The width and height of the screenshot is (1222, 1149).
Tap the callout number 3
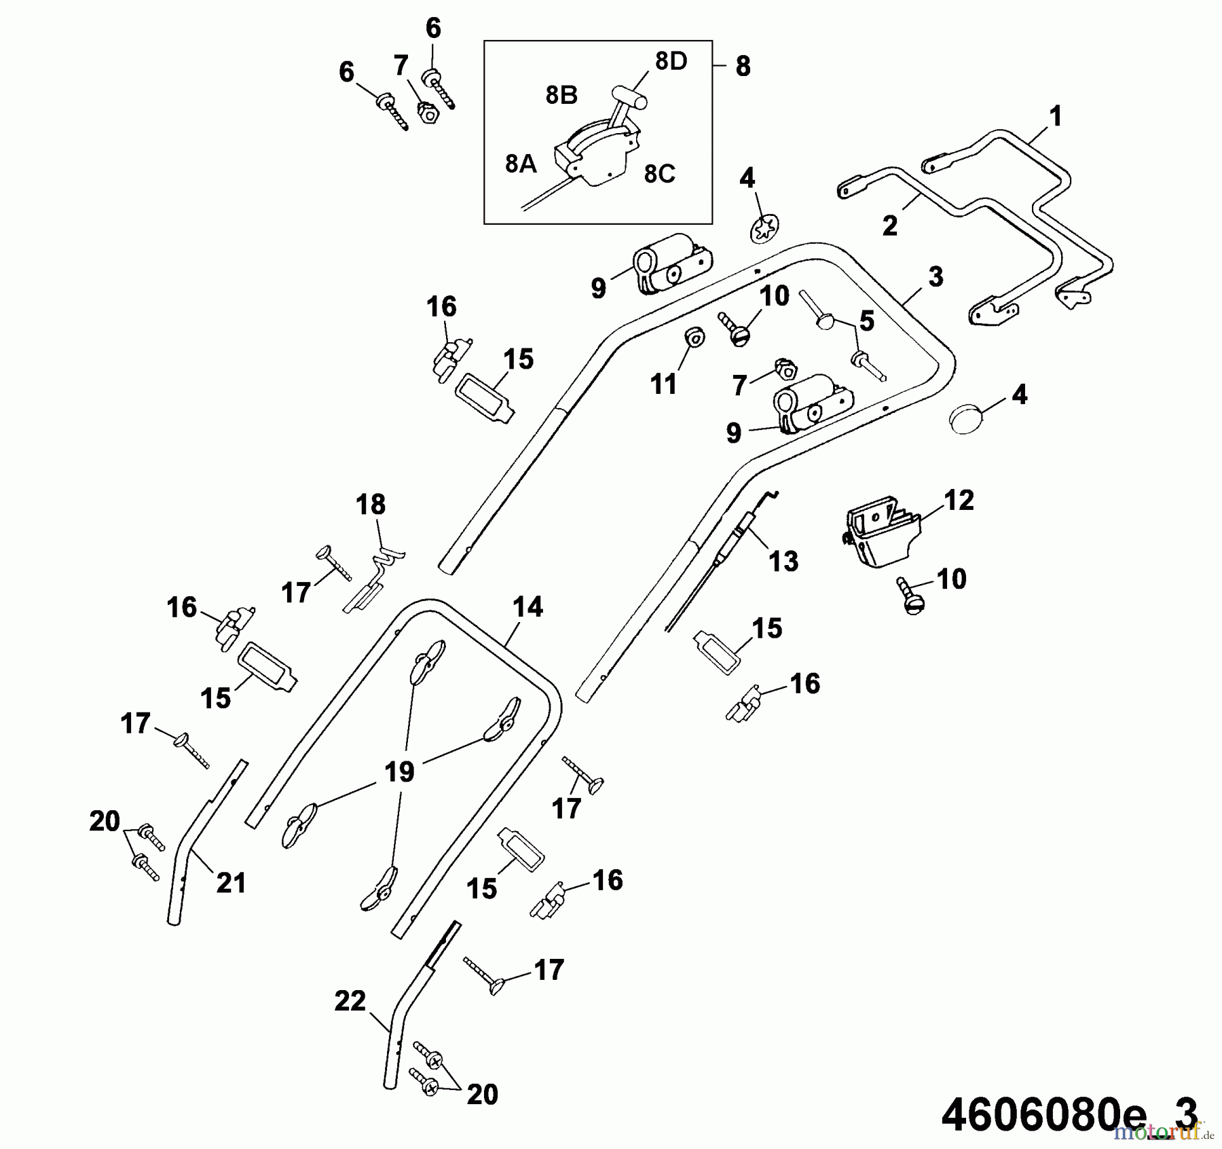[x=936, y=276]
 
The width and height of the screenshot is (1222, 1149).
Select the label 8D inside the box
[x=671, y=62]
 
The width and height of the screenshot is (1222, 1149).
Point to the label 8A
[x=521, y=164]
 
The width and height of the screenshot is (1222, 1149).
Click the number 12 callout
[x=958, y=500]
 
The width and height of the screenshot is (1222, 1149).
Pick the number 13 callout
[x=783, y=561]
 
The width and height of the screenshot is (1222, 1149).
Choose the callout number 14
[x=527, y=606]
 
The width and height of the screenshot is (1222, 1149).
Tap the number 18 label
[x=370, y=505]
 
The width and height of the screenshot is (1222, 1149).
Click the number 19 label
[x=399, y=771]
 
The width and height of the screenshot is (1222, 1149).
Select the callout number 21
[x=230, y=883]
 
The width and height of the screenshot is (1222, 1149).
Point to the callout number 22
[x=350, y=1001]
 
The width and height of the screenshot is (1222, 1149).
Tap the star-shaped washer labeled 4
[x=765, y=228]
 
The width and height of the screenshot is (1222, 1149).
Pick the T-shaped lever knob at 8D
[x=630, y=96]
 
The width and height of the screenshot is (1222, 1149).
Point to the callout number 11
[x=663, y=384]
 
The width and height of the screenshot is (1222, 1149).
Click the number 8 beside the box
[x=743, y=67]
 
